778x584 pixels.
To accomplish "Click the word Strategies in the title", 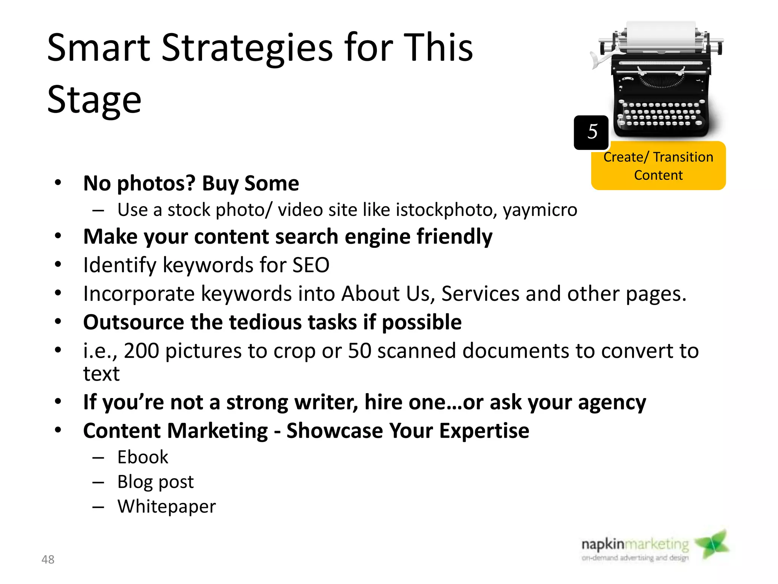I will pyautogui.click(x=247, y=48).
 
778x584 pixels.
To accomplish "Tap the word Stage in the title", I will pyautogui.click(x=94, y=100).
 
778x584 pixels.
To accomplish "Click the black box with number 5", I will pyautogui.click(x=591, y=132).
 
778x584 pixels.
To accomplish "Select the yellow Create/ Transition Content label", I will pyautogui.click(x=658, y=166).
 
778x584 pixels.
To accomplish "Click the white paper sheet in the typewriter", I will pyautogui.click(x=660, y=36).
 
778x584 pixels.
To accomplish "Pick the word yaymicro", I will pyautogui.click(x=540, y=210).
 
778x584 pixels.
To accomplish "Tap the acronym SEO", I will pyautogui.click(x=310, y=265).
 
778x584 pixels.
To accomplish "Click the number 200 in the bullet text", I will pyautogui.click(x=141, y=351).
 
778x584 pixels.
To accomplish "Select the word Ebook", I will pyautogui.click(x=142, y=457).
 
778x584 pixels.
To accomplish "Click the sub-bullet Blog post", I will pyautogui.click(x=155, y=482).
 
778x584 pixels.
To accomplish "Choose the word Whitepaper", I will pyautogui.click(x=166, y=507).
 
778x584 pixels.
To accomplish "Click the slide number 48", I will pyautogui.click(x=48, y=559).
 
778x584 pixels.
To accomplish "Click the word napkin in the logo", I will pyautogui.click(x=602, y=545).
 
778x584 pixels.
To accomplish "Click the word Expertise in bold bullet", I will pyautogui.click(x=484, y=431).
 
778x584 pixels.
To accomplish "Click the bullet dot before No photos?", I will pyautogui.click(x=58, y=183).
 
